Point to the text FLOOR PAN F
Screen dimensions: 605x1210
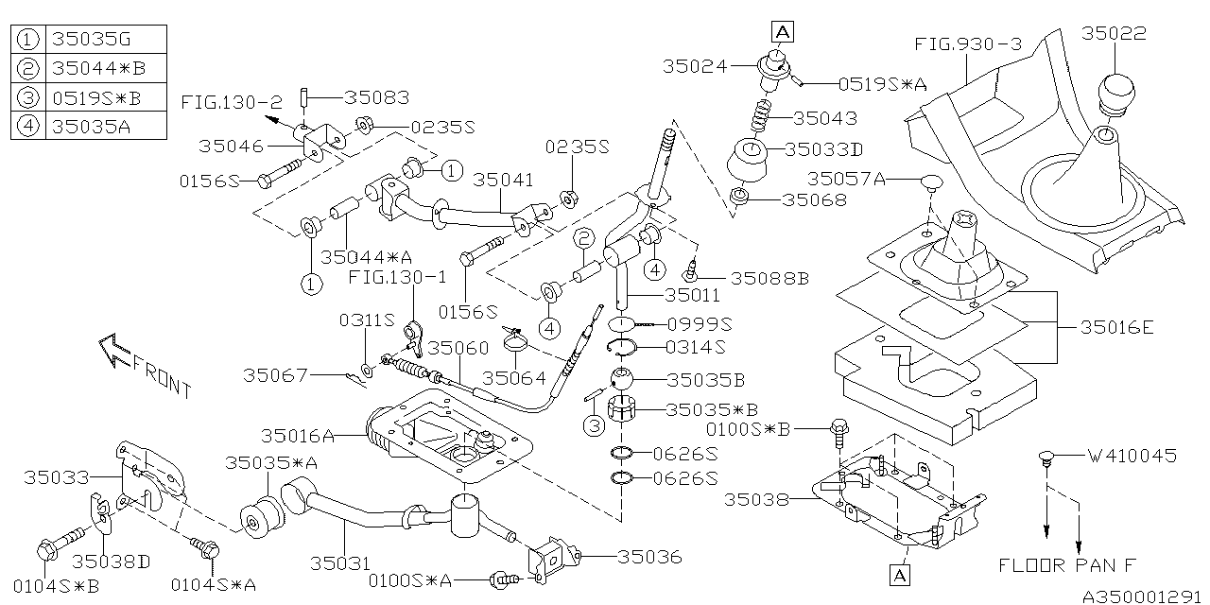(1067, 564)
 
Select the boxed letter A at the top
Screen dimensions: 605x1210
(784, 32)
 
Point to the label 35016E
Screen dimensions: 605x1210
(1118, 327)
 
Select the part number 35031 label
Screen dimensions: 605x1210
(337, 563)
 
